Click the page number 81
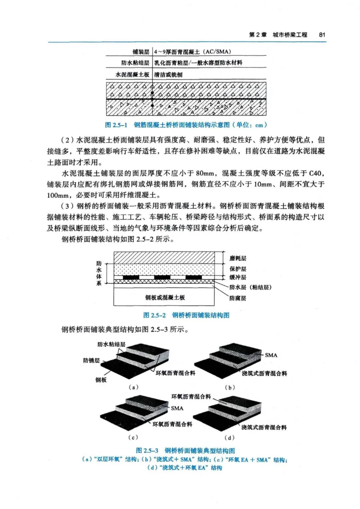322,35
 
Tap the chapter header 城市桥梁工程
291,35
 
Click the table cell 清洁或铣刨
168,76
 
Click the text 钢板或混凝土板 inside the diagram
166,297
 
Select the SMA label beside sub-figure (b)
271,355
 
